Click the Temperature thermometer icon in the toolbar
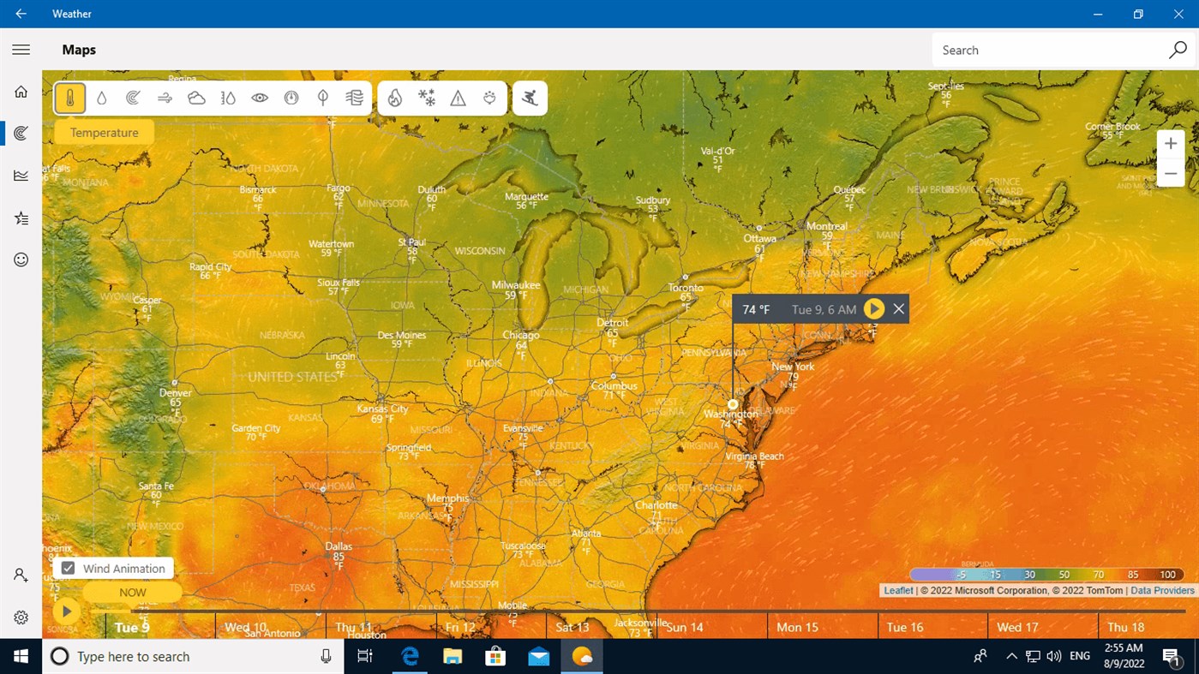tap(70, 98)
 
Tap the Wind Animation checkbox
tap(69, 569)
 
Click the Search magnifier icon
tap(1178, 50)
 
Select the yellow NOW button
tap(133, 592)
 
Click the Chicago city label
tap(521, 335)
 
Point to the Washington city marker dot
tap(733, 404)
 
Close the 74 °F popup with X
tap(898, 309)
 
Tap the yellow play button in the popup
tap(873, 309)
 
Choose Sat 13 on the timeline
tap(573, 627)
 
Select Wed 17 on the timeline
tap(1017, 627)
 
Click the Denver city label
tap(175, 393)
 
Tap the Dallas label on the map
tap(339, 546)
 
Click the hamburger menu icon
tap(21, 50)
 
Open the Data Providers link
tap(1162, 590)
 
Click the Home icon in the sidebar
tap(21, 92)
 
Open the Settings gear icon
tap(21, 617)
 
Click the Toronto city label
tap(686, 288)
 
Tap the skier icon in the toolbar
tap(530, 98)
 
